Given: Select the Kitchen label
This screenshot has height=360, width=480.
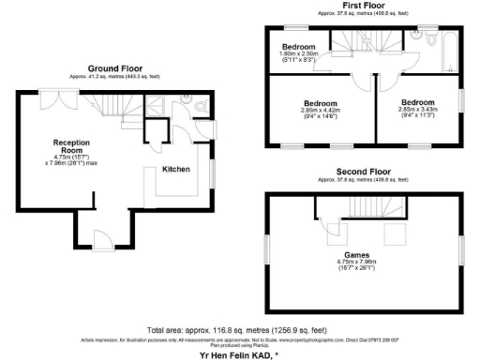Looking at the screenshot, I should coord(176,170).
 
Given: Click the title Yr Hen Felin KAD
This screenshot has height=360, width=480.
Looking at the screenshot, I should coord(239,354).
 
